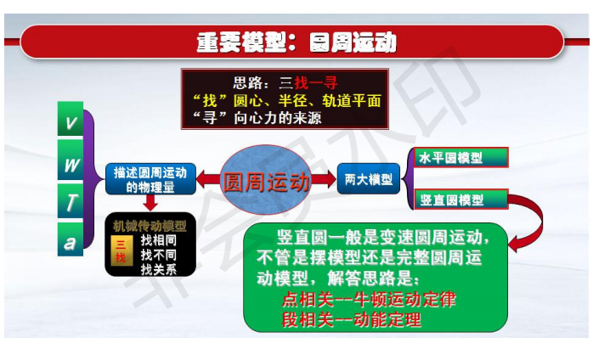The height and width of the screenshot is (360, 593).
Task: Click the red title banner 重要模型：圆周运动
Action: pyautogui.click(x=292, y=42)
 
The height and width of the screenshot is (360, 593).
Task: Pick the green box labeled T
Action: pyautogui.click(x=71, y=201)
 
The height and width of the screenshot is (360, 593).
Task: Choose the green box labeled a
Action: pyautogui.click(x=71, y=239)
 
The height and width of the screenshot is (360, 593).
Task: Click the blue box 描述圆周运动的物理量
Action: pyautogui.click(x=150, y=179)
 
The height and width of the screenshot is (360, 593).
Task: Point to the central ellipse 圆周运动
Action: pyautogui.click(x=266, y=180)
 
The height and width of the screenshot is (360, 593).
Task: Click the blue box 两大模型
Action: pyautogui.click(x=369, y=179)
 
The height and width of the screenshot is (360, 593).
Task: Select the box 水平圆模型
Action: pyautogui.click(x=461, y=157)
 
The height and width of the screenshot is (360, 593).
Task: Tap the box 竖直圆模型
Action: pyautogui.click(x=461, y=200)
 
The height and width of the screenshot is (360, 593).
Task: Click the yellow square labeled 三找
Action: pyautogui.click(x=121, y=250)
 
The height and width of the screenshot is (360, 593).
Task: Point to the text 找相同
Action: pyautogui.click(x=159, y=239)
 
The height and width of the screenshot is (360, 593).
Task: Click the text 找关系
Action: pyautogui.click(x=159, y=269)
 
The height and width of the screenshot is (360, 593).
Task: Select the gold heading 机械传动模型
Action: pyautogui.click(x=150, y=226)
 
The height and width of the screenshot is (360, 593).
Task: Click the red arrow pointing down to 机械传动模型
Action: pyautogui.click(x=150, y=203)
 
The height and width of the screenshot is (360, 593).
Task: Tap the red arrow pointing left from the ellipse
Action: pyautogui.click(x=209, y=179)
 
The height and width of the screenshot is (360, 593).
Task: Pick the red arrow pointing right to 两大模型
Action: pyautogui.click(x=324, y=179)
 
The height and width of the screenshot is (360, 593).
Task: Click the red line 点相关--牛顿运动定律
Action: pyautogui.click(x=369, y=299)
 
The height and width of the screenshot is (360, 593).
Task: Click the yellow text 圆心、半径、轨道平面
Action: pyautogui.click(x=307, y=100)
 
